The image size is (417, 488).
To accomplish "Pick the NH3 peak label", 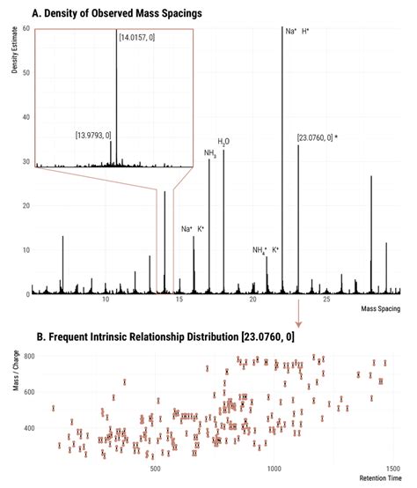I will pyautogui.click(x=209, y=153).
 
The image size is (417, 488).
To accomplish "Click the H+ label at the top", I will pyautogui.click(x=306, y=32).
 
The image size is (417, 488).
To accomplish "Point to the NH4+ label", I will pyautogui.click(x=259, y=250).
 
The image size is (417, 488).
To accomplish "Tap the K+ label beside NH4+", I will pyautogui.click(x=275, y=250).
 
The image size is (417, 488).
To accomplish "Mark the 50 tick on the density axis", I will pyautogui.click(x=26, y=73).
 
